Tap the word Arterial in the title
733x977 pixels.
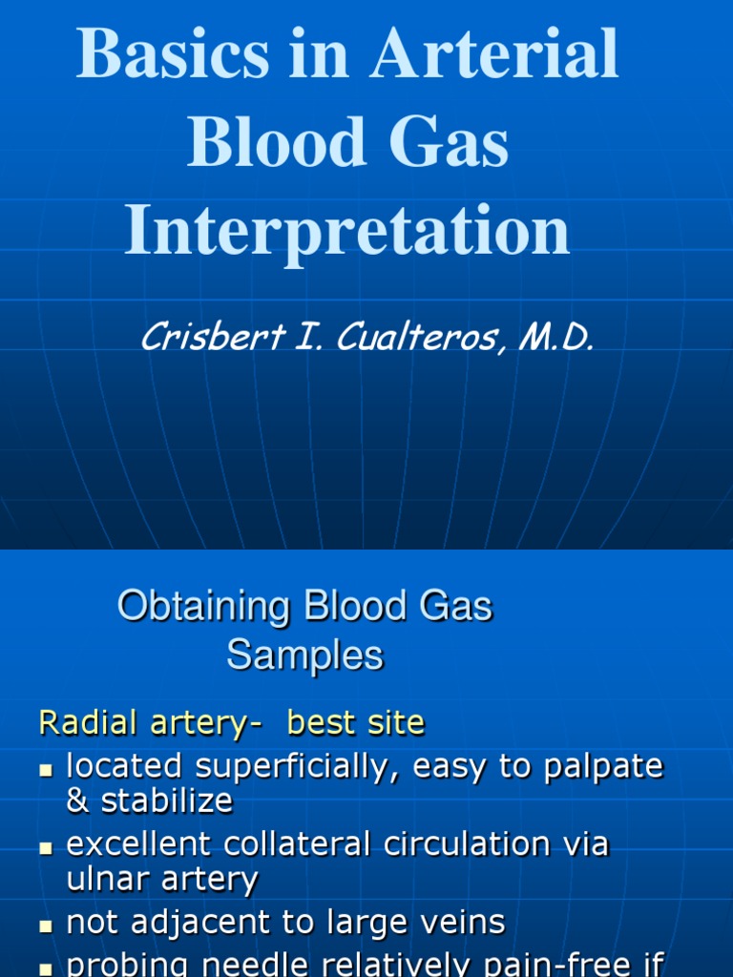click(493, 55)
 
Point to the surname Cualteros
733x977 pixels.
click(418, 338)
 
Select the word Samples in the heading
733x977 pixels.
click(304, 655)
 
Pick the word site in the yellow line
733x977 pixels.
click(394, 723)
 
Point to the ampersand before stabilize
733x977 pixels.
click(75, 800)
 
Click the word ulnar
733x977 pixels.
click(106, 879)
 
